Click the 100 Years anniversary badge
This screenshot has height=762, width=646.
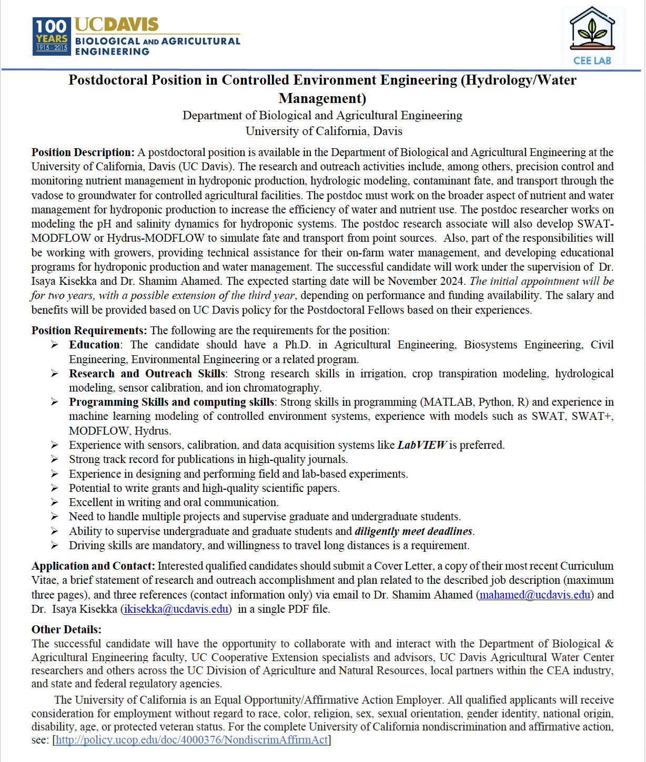(x=52, y=36)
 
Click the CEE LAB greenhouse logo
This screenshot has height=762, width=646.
(x=592, y=37)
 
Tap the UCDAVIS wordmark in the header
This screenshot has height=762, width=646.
(x=116, y=24)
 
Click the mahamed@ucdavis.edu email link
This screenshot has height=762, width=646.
(x=534, y=595)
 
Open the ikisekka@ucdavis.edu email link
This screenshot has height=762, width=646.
(x=176, y=609)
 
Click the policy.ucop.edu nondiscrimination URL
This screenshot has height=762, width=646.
(x=191, y=740)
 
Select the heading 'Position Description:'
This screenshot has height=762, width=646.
(x=83, y=152)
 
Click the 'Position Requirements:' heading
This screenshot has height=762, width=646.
(x=89, y=331)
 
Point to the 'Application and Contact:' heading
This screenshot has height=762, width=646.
(x=93, y=566)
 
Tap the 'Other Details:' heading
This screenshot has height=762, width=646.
(x=66, y=630)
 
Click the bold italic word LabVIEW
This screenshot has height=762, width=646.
(x=422, y=445)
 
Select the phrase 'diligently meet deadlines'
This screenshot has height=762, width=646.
(x=413, y=531)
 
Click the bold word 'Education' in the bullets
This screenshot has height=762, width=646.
(x=94, y=345)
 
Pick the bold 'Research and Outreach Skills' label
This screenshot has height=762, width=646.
(x=147, y=374)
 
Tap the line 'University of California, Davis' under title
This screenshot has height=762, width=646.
(x=324, y=131)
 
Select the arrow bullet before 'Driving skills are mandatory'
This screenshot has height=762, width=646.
(x=54, y=545)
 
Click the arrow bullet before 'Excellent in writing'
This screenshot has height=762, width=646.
(x=54, y=502)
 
